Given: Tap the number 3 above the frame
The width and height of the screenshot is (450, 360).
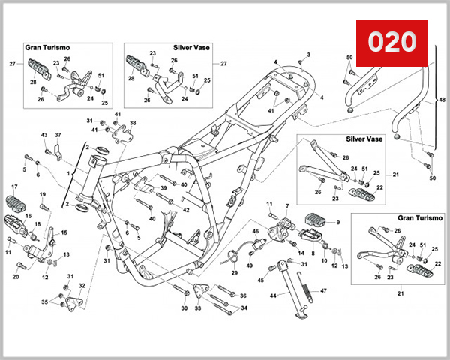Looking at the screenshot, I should (307, 55).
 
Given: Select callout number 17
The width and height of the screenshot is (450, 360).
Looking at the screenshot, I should (13, 186).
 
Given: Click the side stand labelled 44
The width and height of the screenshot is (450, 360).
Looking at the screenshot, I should (286, 289).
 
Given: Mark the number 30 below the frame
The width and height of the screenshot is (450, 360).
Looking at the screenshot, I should (184, 308).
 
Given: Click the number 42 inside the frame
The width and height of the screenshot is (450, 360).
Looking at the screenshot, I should (186, 211).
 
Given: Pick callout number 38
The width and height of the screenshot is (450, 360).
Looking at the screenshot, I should (133, 122).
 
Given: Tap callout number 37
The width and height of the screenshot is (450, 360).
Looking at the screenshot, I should (58, 135).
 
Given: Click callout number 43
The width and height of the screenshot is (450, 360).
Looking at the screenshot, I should (44, 135).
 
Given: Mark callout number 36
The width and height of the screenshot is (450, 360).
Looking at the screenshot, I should (244, 295).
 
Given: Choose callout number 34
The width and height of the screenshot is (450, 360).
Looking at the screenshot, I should (244, 308).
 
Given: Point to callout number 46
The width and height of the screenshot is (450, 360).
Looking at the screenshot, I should (255, 232).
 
